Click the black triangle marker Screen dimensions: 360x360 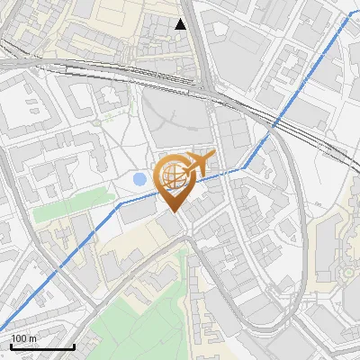[181, 24]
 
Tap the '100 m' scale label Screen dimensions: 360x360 [24, 338]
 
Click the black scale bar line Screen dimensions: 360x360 [42, 346]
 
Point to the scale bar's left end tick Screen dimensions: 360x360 [11, 345]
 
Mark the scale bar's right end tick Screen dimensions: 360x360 [74, 345]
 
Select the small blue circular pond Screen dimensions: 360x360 [139, 180]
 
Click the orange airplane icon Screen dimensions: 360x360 [198, 164]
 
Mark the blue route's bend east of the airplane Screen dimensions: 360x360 [243, 167]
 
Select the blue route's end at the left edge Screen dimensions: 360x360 [3, 328]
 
